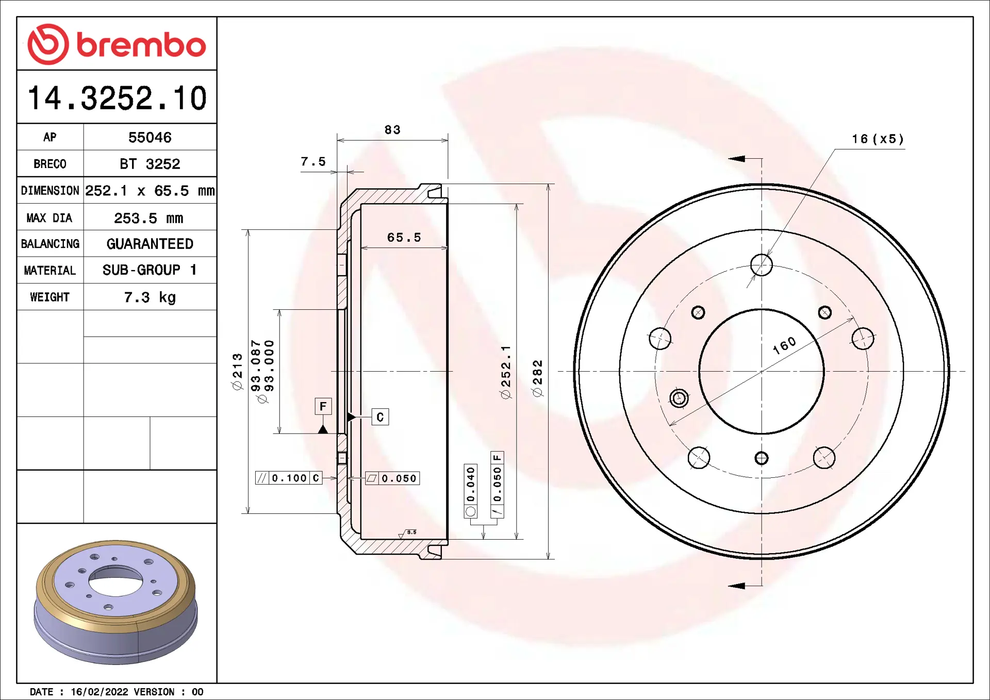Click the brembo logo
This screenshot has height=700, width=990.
tap(117, 44)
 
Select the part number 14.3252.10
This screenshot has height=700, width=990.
tap(117, 98)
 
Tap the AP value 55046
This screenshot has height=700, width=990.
tap(150, 137)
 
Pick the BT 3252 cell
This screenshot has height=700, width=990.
tap(150, 164)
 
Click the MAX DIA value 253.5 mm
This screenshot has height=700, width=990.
tap(148, 218)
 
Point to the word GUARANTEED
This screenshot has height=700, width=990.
tap(150, 243)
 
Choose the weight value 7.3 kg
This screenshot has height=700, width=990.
tap(150, 297)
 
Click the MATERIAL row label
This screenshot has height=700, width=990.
tap(49, 270)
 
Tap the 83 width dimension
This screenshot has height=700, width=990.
tap(392, 129)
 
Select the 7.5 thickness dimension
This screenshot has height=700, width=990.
tap(313, 161)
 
